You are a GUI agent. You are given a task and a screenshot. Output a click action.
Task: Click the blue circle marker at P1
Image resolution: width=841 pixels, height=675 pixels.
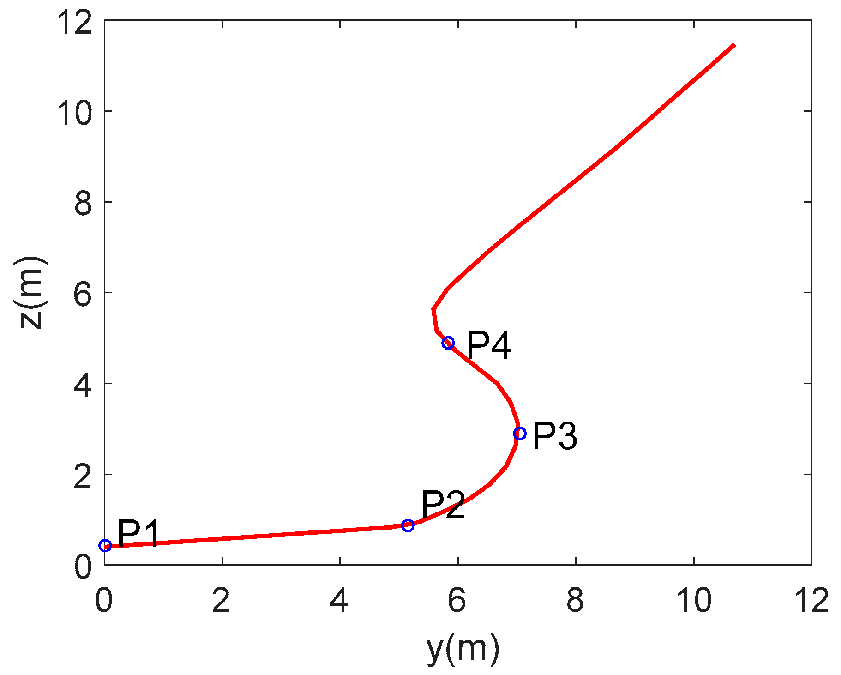(105, 546)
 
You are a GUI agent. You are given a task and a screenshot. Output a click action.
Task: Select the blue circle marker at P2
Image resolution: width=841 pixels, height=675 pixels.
(408, 525)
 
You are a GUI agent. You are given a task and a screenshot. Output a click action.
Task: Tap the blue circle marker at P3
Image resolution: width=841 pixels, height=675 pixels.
(520, 433)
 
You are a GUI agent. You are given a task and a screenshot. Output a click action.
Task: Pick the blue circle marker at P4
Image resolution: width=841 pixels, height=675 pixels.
(448, 343)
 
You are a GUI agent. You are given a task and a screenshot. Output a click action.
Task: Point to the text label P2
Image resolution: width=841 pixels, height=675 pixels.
(442, 504)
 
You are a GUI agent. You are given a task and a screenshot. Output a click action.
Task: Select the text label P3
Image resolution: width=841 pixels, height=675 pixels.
(554, 436)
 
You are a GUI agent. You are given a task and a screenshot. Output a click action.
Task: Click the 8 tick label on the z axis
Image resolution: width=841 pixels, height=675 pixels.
(83, 203)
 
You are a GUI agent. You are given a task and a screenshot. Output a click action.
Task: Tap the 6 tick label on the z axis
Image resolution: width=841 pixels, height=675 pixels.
(83, 294)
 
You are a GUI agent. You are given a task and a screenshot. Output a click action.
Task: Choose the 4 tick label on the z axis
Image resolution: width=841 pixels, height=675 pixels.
(83, 384)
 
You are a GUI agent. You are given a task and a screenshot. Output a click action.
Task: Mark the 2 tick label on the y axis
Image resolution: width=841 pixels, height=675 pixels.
(222, 601)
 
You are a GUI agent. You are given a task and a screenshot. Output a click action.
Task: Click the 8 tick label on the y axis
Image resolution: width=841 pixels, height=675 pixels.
(575, 601)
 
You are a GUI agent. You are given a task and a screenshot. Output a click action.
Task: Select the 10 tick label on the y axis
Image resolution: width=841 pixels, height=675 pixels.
(693, 601)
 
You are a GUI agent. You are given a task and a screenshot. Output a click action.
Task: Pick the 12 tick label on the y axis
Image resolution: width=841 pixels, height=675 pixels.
(811, 601)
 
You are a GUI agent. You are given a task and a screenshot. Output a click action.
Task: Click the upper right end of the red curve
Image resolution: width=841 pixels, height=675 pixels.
(733, 45)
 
